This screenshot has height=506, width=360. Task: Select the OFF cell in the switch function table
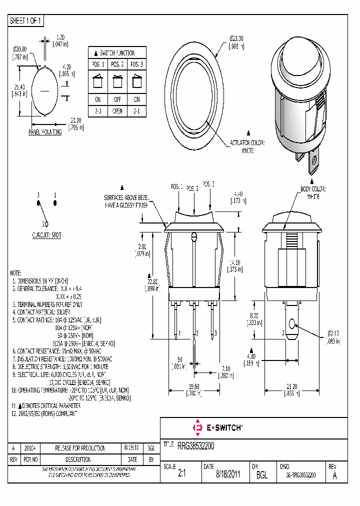click(117, 99)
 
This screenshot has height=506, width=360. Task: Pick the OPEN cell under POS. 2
click(117, 111)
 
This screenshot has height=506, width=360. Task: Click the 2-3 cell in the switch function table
click(98, 111)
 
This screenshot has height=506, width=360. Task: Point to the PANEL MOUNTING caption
click(45, 132)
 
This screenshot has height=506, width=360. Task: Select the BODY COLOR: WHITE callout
click(313, 192)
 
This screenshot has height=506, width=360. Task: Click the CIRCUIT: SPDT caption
click(46, 234)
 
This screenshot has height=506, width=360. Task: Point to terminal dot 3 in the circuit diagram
click(38, 203)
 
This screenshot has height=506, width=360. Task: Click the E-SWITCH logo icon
click(196, 427)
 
